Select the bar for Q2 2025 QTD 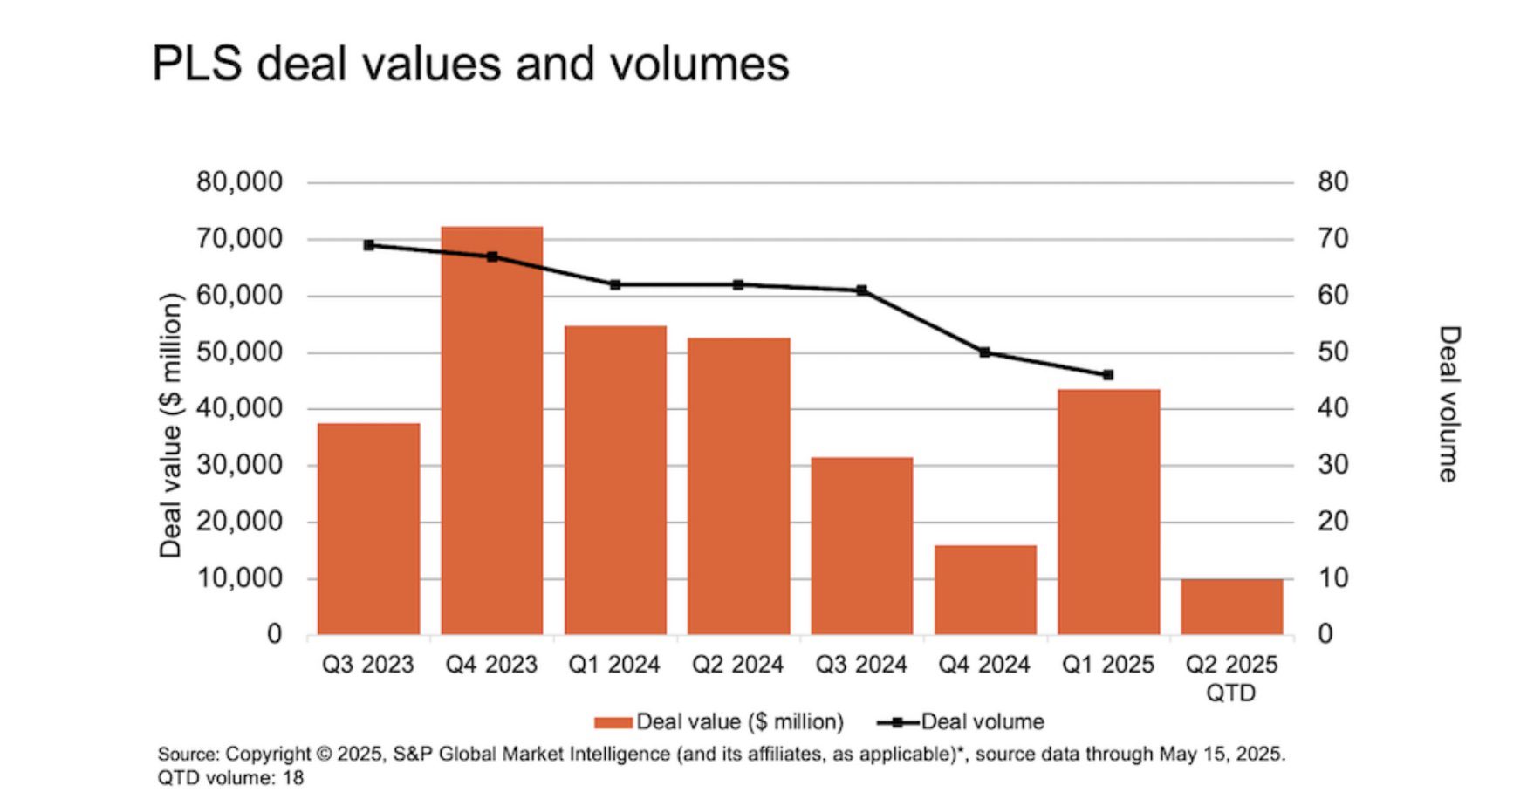coord(1231,606)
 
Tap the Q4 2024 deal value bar coord(985,590)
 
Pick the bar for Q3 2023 coord(368,529)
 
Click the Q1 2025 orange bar coord(1108,511)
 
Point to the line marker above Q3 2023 coord(368,245)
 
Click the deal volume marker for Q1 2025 coord(1108,375)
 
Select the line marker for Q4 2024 coord(985,352)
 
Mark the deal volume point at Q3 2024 coord(861,290)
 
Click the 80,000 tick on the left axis coord(239,182)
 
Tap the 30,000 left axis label coord(239,465)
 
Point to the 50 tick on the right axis coord(1332,352)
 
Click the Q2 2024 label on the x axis coord(737,666)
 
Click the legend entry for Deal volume coord(962,722)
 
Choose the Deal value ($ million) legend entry coord(720,722)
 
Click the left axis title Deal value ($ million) coord(170,425)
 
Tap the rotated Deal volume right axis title coord(1448,404)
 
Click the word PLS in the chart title coord(196,64)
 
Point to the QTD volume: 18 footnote coord(230,778)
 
